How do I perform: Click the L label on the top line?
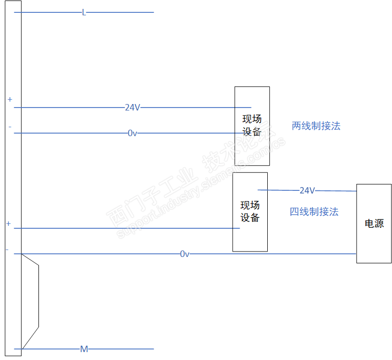coord(84,12)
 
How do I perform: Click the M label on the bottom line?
coord(84,349)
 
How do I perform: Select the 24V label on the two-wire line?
coord(133,108)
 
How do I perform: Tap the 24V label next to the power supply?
coord(307,190)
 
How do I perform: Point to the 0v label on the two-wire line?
coord(133,133)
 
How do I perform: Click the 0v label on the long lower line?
coord(184,254)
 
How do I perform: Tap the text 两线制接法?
coord(316,126)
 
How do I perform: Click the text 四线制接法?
coord(314,212)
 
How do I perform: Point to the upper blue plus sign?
coord(9,100)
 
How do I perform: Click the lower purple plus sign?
coord(8,224)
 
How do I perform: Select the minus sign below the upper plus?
coord(9,127)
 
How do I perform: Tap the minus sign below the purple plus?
coord(7,250)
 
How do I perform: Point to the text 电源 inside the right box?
coord(374,223)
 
